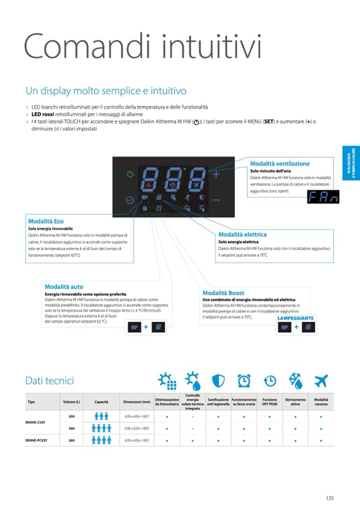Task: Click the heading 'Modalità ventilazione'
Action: click(280, 164)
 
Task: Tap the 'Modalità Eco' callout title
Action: click(46, 221)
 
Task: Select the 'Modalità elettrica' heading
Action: click(242, 234)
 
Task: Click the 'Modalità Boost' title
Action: click(223, 293)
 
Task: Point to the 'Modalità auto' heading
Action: click(64, 287)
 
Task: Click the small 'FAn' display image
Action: click(323, 197)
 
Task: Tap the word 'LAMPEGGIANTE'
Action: click(296, 318)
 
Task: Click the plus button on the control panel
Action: click(216, 174)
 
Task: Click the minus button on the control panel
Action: click(216, 200)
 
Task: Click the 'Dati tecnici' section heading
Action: click(49, 381)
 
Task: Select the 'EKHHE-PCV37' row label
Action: click(37, 440)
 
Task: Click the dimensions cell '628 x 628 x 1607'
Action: click(137, 417)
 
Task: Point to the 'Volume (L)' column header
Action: click(71, 402)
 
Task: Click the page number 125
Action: click(330, 498)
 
